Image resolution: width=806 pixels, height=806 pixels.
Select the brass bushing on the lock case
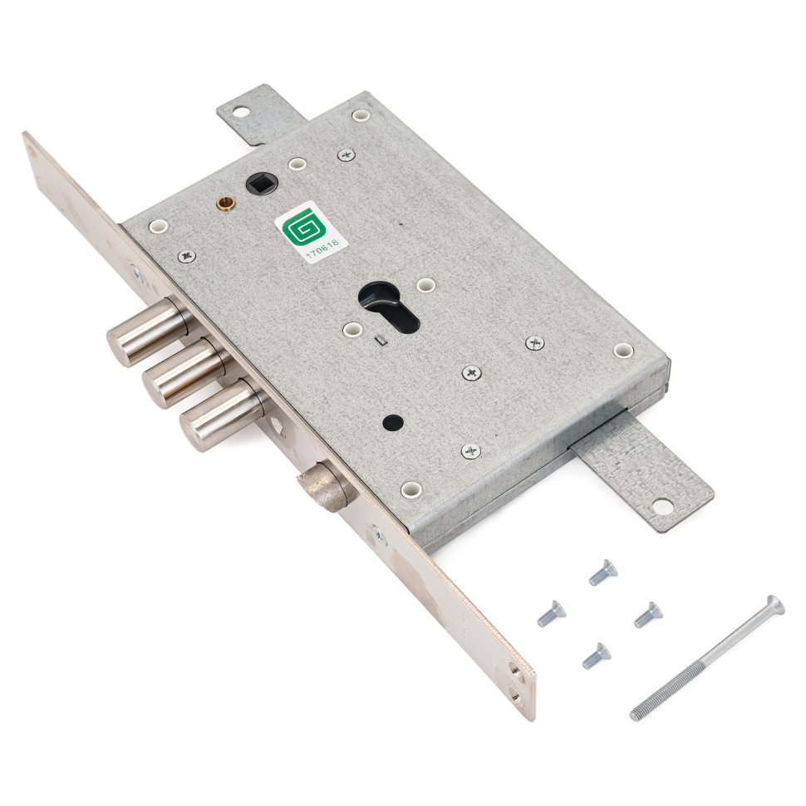pos(225,203)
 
